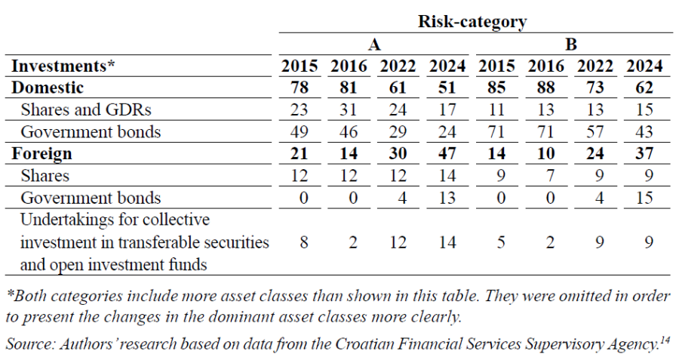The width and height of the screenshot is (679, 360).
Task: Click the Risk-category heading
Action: pos(472,21)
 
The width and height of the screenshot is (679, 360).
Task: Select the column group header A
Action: pos(374,45)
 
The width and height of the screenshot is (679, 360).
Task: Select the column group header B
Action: pos(571,45)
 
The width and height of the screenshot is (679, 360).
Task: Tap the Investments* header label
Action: pos(63,66)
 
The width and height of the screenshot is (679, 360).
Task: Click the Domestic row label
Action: pos(48,88)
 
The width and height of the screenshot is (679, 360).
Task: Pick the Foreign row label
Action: pos(41,153)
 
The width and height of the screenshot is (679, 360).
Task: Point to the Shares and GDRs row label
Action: pos(86,109)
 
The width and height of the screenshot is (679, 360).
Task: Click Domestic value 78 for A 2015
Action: pos(300,88)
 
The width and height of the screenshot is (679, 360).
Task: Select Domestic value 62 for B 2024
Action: pos(644,88)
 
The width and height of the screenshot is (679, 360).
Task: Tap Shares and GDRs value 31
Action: pos(349,109)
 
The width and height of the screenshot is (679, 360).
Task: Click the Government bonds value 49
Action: pos(300,131)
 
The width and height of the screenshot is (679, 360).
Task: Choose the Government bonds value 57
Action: pos(595,131)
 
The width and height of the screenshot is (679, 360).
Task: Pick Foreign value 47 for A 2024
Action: pos(447,153)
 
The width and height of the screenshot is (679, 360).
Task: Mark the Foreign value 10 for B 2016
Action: pos(545,153)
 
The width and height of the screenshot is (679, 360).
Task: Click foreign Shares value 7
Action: pos(550,175)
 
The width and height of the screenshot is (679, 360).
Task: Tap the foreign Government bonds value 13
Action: pos(447,198)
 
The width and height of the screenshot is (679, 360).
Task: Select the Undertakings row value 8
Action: pos(304,242)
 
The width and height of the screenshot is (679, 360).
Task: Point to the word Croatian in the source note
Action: pos(364,344)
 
